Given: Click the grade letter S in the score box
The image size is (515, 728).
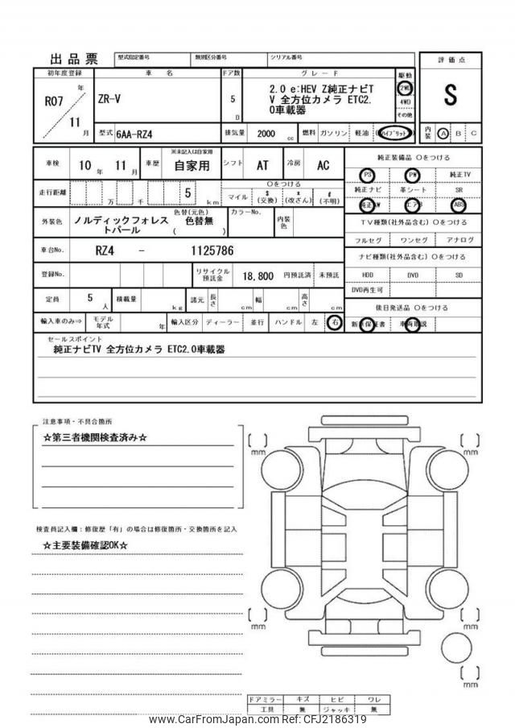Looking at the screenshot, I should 449,95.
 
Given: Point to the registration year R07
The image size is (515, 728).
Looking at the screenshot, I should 51,101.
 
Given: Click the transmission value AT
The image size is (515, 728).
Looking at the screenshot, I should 262,165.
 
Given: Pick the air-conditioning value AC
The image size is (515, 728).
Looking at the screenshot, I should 323,165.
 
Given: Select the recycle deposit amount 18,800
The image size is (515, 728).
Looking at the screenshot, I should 260,275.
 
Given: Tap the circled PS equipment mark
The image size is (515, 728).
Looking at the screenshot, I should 368,175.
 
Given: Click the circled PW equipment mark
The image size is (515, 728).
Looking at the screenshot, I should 414,175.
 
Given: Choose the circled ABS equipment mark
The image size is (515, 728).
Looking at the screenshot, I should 459,205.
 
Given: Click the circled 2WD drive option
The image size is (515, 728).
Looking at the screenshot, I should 405,88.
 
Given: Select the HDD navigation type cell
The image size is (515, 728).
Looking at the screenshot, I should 368,275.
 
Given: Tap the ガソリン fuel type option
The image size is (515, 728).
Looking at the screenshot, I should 333,133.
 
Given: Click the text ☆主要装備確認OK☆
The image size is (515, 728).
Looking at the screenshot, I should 85,545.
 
